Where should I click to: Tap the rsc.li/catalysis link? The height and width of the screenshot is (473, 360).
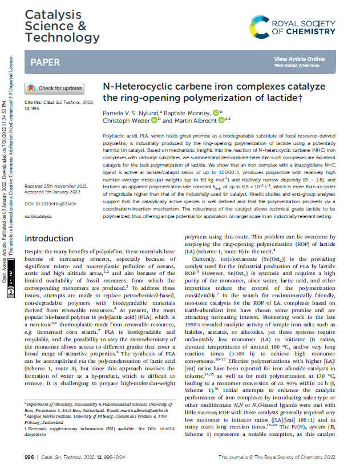click(x=38, y=169)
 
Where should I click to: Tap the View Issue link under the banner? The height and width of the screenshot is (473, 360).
click(x=310, y=66)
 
